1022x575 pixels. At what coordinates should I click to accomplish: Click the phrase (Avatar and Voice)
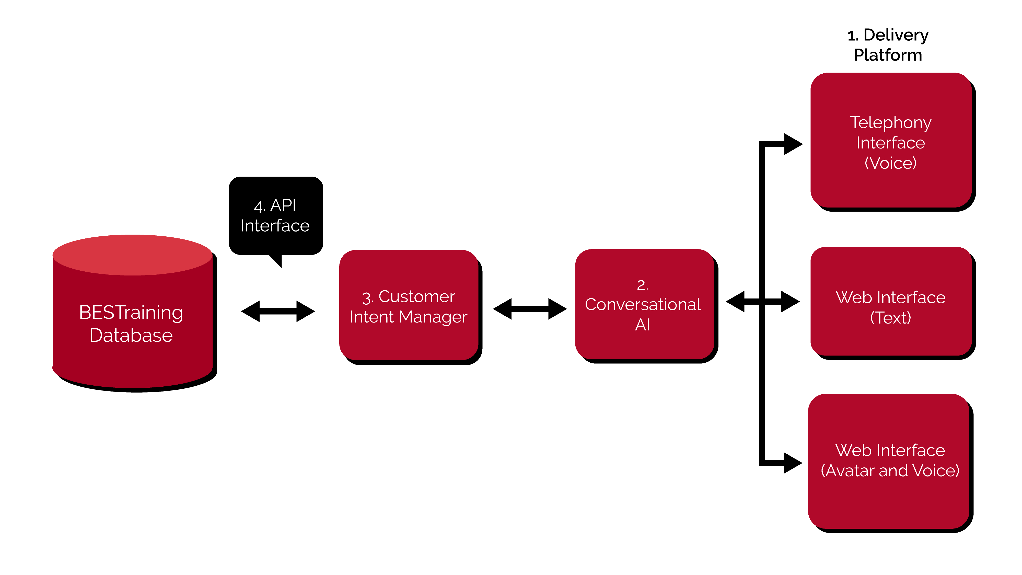pos(890,471)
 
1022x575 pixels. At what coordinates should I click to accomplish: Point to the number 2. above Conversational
pos(642,285)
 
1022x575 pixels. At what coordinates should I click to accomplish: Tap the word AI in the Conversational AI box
pos(642,325)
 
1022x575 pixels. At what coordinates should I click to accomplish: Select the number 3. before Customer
pos(367,298)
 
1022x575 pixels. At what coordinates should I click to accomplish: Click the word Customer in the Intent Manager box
pos(416,297)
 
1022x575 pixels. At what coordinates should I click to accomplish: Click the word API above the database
pos(283,205)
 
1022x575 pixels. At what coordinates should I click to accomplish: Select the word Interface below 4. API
pos(275,226)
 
